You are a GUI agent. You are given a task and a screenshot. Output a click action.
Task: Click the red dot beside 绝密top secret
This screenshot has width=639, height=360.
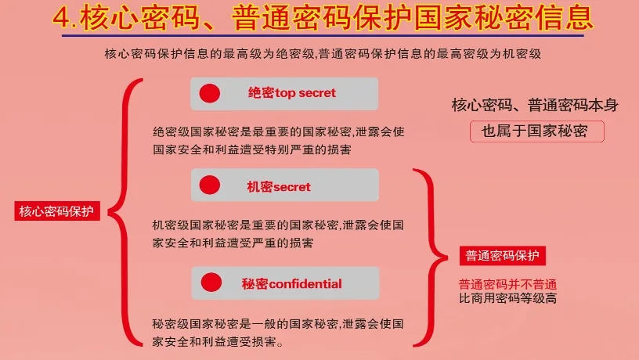(210, 93)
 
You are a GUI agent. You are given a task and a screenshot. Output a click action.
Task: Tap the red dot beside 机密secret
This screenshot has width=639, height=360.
(210, 185)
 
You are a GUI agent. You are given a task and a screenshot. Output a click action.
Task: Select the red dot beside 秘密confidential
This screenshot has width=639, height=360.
(211, 283)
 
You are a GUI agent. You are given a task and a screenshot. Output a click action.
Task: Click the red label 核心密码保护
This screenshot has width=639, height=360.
(57, 211)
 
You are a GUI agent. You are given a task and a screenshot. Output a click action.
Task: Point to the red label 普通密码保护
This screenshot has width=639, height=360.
(503, 256)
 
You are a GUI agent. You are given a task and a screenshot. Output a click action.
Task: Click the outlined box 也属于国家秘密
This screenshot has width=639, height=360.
(537, 131)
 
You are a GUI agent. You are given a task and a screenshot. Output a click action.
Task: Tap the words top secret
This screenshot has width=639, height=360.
(305, 93)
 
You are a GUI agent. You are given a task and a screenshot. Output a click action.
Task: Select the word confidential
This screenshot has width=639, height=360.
(305, 284)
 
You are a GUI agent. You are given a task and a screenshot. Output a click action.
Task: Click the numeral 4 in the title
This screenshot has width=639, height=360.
(62, 18)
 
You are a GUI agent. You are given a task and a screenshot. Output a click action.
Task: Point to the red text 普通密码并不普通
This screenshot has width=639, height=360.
(507, 284)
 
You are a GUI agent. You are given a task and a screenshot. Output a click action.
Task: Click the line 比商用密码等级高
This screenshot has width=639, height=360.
(507, 298)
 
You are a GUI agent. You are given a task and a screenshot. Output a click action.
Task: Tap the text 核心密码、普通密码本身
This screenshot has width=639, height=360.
(535, 105)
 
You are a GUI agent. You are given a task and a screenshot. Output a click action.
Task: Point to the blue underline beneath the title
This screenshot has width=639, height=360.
(323, 36)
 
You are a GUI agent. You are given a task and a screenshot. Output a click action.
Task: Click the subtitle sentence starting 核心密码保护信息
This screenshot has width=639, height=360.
(323, 54)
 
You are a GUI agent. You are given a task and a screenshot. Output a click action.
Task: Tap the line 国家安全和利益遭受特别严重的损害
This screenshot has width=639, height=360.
(252, 149)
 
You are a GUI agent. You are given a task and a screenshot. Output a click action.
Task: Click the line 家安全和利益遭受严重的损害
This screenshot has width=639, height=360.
(233, 243)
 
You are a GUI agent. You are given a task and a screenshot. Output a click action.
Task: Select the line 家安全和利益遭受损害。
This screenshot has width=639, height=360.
(218, 341)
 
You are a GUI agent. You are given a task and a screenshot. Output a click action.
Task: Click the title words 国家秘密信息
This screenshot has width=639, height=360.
(504, 18)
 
